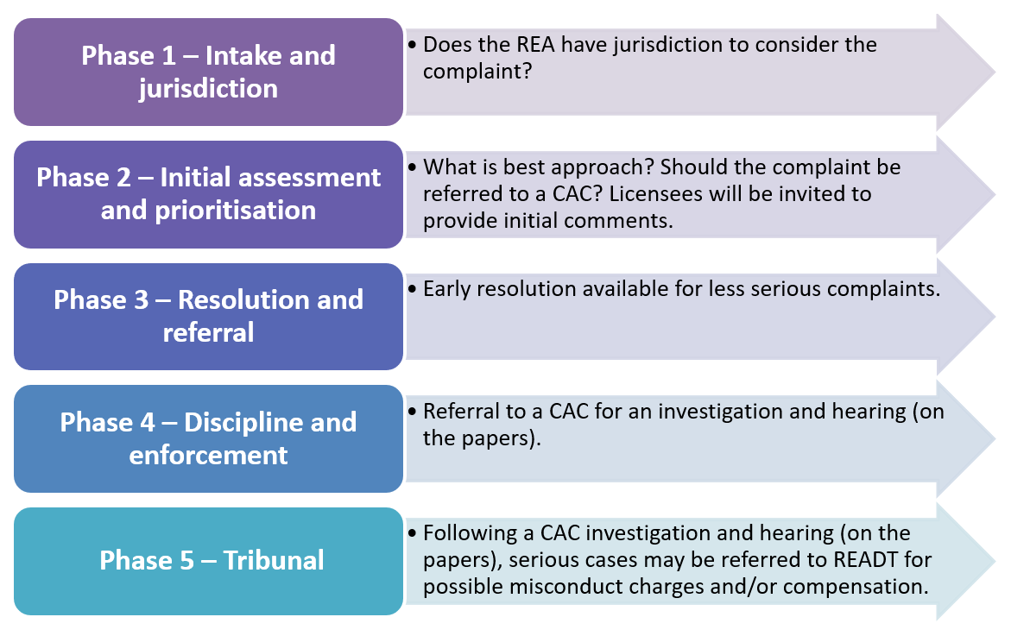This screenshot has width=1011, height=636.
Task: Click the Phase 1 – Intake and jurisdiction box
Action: point(208,72)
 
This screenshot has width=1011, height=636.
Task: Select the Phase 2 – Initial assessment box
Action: point(208,195)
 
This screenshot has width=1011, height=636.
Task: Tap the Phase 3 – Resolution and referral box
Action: point(208,317)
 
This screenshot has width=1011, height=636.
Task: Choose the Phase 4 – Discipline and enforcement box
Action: point(208,439)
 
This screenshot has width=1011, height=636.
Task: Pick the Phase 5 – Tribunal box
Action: point(208,561)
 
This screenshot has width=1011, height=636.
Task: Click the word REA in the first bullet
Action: point(536,45)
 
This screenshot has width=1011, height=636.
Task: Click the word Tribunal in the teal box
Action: point(274,560)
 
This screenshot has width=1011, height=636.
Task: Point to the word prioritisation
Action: point(236,210)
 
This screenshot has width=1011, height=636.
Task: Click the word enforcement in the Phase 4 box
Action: point(208,456)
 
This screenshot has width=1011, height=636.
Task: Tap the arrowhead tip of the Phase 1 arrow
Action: point(995,72)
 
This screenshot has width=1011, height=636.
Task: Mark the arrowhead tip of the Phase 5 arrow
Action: point(995,561)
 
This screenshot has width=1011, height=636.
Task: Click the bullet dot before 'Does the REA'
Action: point(412,45)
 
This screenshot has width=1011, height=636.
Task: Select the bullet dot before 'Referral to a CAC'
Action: point(412,412)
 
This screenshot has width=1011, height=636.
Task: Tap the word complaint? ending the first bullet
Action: point(477,72)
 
